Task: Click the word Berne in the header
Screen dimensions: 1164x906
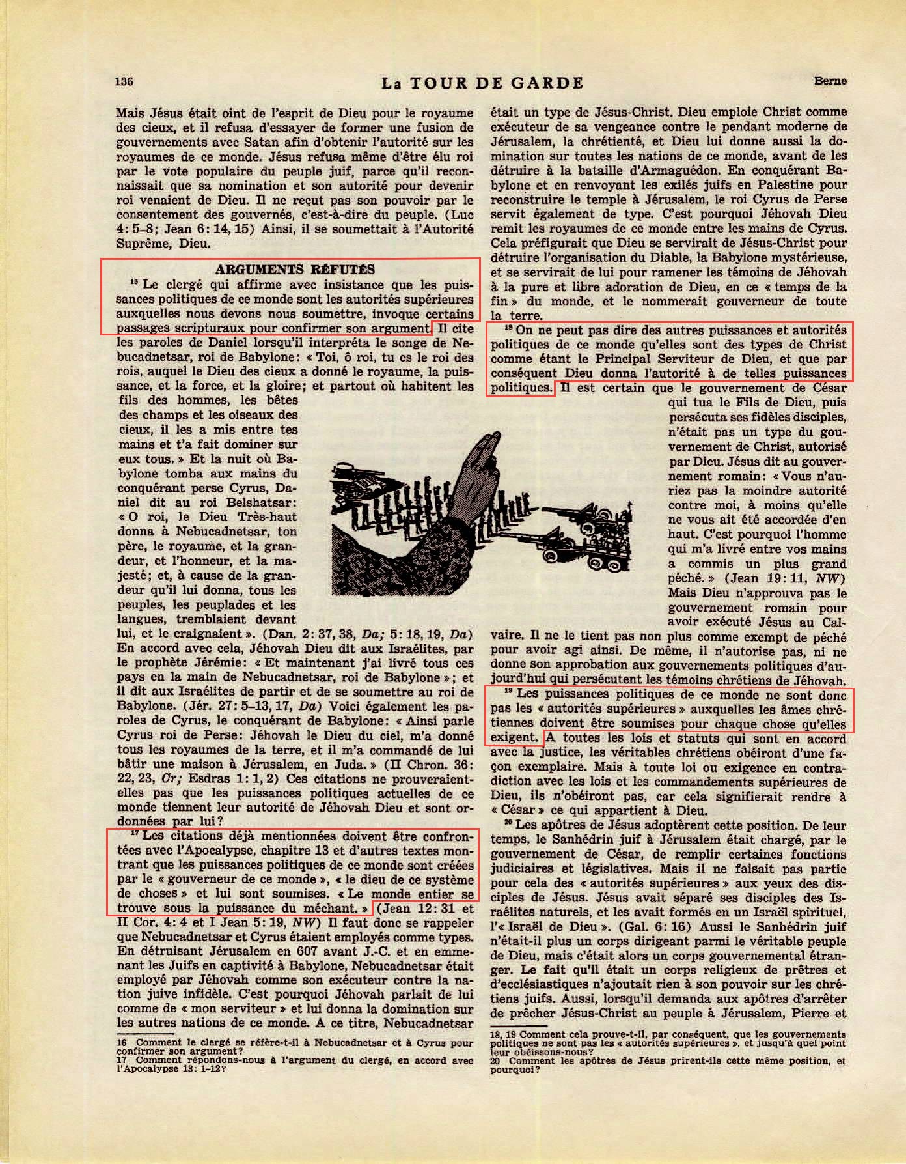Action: [x=830, y=81]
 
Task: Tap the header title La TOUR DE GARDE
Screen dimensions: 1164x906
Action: [x=482, y=83]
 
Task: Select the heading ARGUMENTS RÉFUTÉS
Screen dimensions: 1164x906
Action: [x=295, y=269]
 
